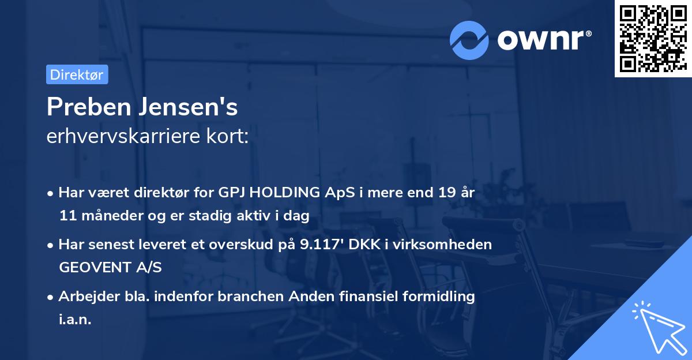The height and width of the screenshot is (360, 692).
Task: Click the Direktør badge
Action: tap(77, 74)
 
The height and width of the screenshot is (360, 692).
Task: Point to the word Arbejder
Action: tap(85, 297)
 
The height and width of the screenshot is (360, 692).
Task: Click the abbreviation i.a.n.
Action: tap(75, 320)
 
